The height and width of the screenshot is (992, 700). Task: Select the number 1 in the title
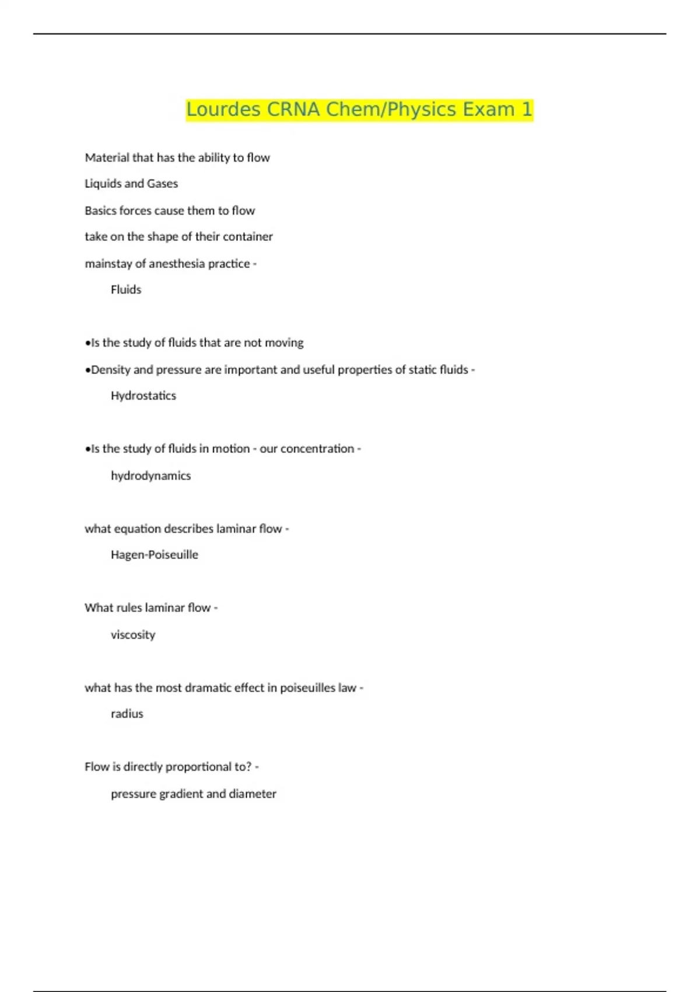pyautogui.click(x=527, y=110)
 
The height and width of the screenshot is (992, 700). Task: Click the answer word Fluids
pyautogui.click(x=126, y=289)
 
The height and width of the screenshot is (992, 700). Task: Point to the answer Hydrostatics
pyautogui.click(x=143, y=396)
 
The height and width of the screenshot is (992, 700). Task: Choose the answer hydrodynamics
pyautogui.click(x=150, y=476)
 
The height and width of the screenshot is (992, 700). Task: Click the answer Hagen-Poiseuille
pyautogui.click(x=155, y=555)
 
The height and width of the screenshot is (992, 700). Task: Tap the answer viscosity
pyautogui.click(x=133, y=635)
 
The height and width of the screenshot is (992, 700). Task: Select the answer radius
pyautogui.click(x=127, y=714)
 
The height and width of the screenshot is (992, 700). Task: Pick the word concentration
pyautogui.click(x=317, y=449)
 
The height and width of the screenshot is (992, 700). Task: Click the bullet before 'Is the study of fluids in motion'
pyautogui.click(x=87, y=449)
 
